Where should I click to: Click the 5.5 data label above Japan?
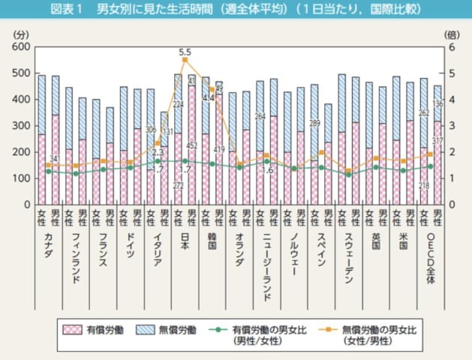(185, 52)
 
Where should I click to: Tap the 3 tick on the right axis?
(450, 125)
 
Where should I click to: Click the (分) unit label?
(20, 34)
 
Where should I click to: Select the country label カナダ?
(47, 244)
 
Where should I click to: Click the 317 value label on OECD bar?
(438, 140)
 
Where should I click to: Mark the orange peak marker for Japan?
(185, 60)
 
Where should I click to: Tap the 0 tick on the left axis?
(25, 204)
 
